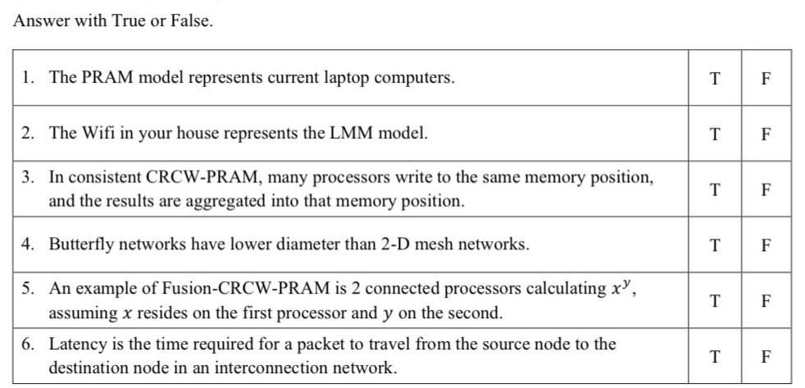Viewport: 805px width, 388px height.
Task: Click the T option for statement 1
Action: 715,79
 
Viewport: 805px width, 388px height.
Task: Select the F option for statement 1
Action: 766,79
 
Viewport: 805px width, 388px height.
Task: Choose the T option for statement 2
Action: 715,134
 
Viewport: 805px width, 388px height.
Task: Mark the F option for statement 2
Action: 766,134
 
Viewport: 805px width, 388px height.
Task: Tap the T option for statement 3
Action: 715,189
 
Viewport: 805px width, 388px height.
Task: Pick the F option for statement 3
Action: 766,189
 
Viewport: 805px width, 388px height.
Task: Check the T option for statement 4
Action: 715,244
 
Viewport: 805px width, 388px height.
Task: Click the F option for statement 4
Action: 766,244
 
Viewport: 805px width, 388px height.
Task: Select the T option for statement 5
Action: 715,300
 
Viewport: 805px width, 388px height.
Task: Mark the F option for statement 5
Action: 766,300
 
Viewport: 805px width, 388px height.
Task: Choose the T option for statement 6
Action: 715,357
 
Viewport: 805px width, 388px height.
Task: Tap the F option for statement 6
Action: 766,357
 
